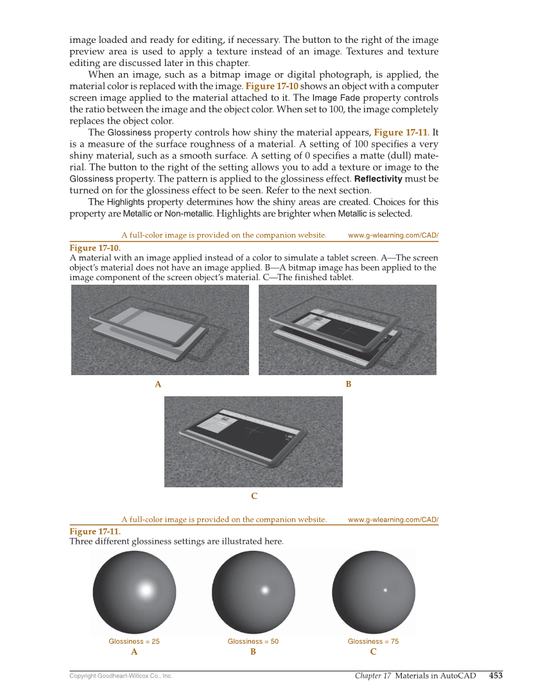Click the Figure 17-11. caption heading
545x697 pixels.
click(x=94, y=532)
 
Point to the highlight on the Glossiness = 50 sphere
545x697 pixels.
click(x=264, y=590)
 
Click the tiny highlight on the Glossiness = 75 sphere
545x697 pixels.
click(x=385, y=590)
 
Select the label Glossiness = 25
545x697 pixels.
click(x=134, y=641)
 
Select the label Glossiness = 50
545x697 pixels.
click(x=253, y=641)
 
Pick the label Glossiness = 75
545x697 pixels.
click(x=373, y=641)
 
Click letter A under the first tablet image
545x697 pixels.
click(x=158, y=384)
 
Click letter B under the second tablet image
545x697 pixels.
click(x=349, y=384)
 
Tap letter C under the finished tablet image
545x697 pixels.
click(x=254, y=496)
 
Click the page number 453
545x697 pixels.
click(x=496, y=675)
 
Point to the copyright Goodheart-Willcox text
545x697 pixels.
click(x=121, y=676)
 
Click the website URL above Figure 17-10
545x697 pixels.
click(x=393, y=235)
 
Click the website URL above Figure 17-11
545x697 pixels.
click(x=393, y=519)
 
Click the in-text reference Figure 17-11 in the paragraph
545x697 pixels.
click(x=401, y=133)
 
